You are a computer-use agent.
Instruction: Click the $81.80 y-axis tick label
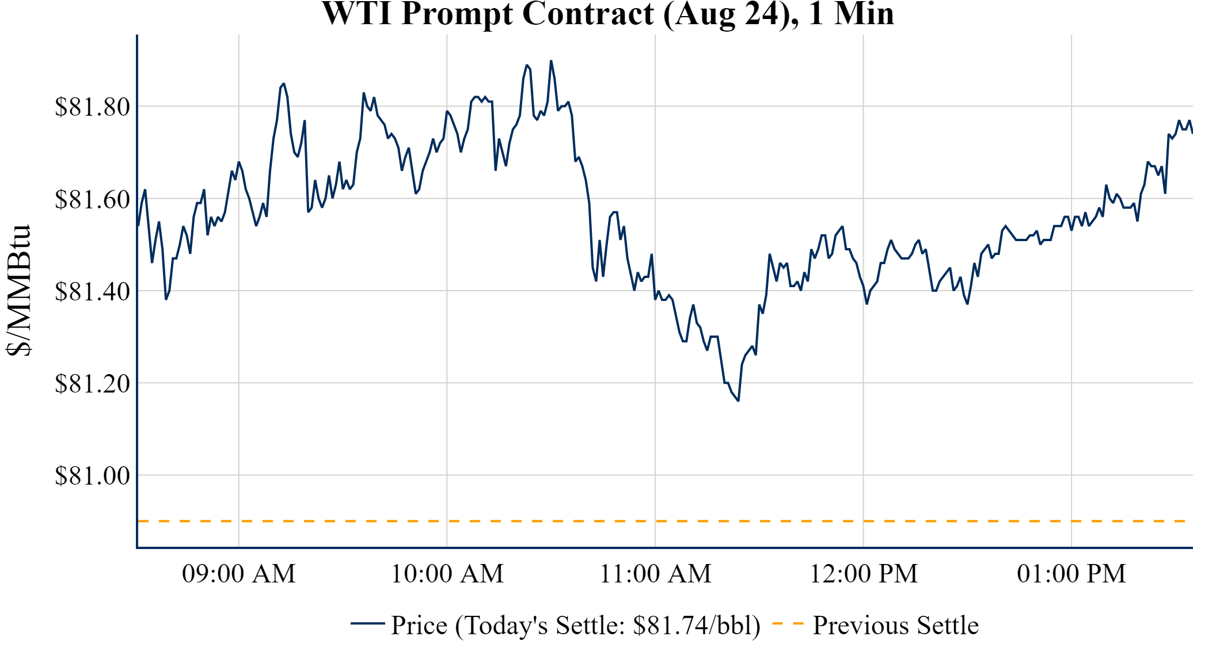point(92,107)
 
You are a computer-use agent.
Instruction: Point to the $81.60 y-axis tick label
point(92,200)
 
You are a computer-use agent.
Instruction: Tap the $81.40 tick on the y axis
point(92,292)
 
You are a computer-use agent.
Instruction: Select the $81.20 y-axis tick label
point(92,384)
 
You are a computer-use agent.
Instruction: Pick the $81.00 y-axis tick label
point(92,476)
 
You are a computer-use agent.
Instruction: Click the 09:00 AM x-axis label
point(239,574)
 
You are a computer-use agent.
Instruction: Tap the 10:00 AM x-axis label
point(447,574)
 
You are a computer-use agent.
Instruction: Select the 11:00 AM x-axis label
point(655,574)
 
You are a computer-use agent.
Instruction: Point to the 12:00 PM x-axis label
point(864,574)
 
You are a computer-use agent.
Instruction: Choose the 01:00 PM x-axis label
point(1071,574)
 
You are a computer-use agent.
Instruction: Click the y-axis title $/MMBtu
point(18,291)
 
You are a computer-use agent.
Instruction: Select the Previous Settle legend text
point(895,626)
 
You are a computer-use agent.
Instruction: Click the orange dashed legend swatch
point(788,624)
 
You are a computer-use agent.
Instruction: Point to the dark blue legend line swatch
point(367,623)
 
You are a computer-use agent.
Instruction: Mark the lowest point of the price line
point(738,401)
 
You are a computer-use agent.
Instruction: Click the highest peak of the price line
point(551,60)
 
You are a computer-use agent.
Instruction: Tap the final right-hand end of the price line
point(1192,133)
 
